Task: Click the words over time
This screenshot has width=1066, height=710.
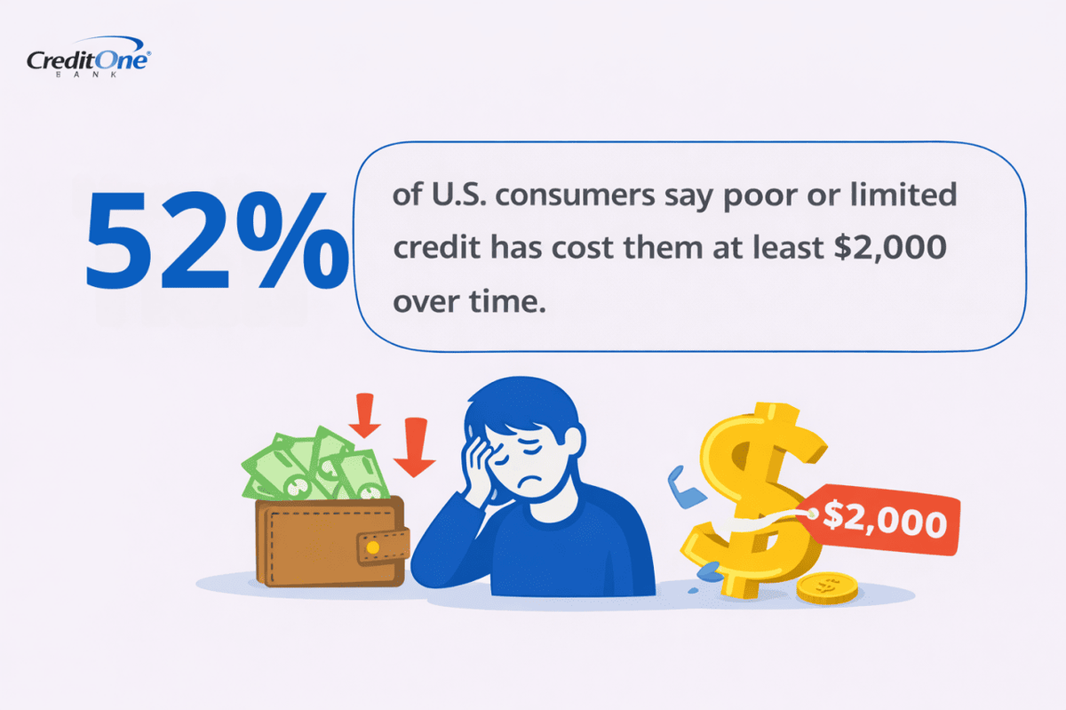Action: click(x=466, y=302)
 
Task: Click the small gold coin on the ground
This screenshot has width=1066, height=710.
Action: click(x=826, y=587)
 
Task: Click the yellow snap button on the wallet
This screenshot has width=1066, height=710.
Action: click(x=373, y=547)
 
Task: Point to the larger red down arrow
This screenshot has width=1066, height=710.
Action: click(x=414, y=445)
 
